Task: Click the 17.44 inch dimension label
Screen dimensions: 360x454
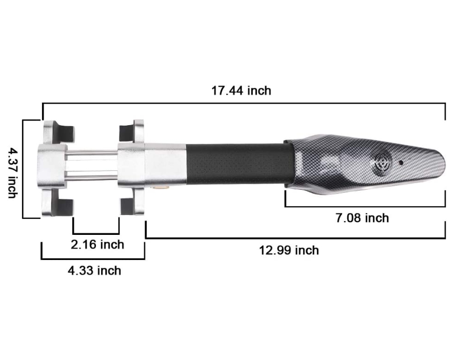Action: pos(241,91)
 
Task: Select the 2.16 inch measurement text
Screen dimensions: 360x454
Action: pos(97,245)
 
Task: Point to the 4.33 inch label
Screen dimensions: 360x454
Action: pos(94,270)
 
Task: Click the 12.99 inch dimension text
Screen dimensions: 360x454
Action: pos(289,250)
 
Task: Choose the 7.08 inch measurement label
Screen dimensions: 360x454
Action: pos(362,218)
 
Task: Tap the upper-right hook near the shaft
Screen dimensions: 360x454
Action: pos(131,131)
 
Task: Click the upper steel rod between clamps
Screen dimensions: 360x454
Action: pos(92,152)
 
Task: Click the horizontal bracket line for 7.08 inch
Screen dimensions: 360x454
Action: pos(364,206)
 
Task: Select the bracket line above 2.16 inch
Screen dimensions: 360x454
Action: pos(96,233)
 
